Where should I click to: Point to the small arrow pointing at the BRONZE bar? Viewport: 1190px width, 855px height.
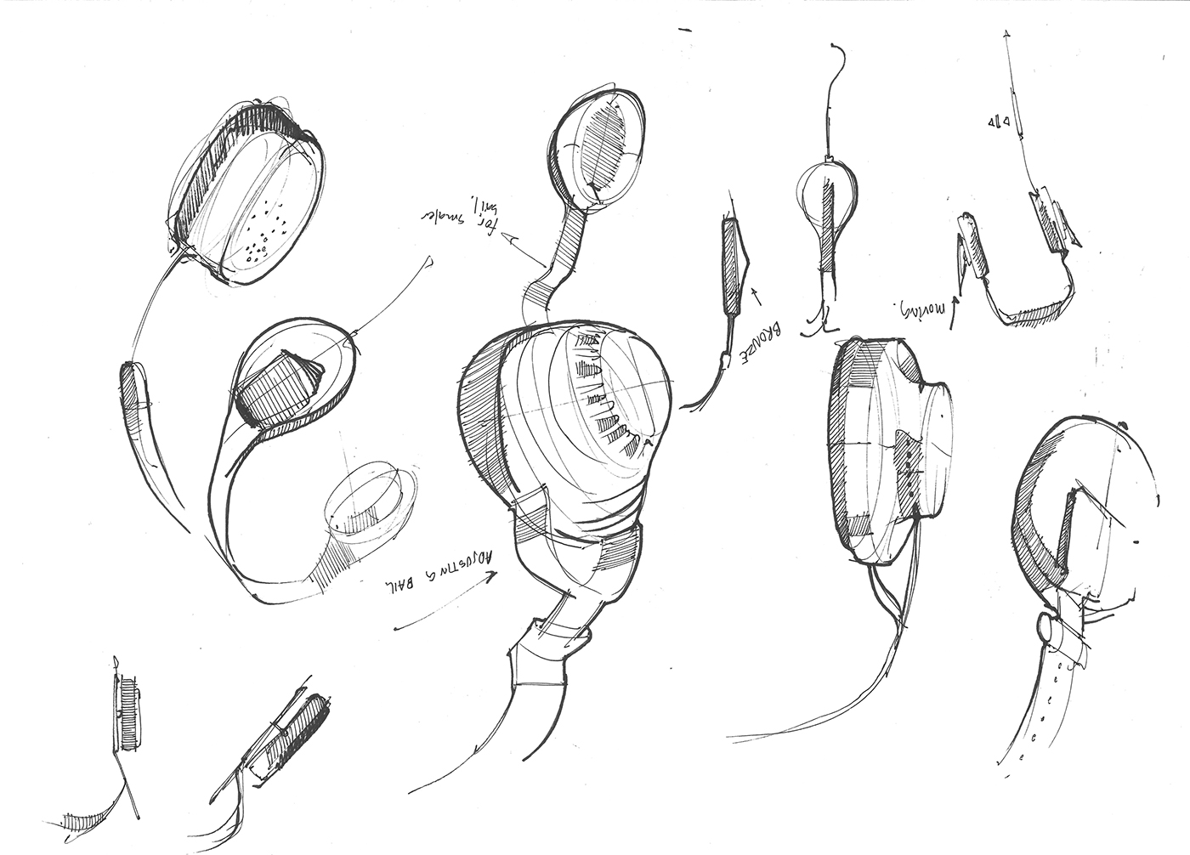click(755, 297)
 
